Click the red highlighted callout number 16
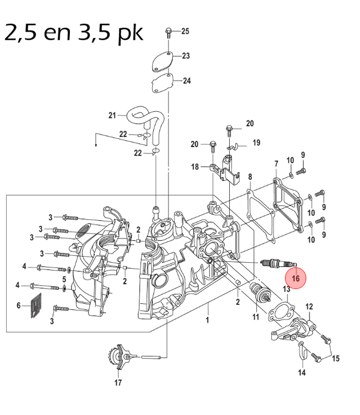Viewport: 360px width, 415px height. click(x=295, y=278)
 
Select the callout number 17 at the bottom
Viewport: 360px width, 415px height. click(x=117, y=382)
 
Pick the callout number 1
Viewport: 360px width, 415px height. click(x=208, y=320)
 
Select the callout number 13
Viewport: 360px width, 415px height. click(x=286, y=289)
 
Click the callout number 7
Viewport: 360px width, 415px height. click(x=276, y=164)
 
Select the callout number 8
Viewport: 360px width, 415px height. click(x=250, y=177)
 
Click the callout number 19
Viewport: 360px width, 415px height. click(x=256, y=143)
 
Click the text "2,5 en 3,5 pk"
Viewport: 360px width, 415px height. click(x=74, y=33)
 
